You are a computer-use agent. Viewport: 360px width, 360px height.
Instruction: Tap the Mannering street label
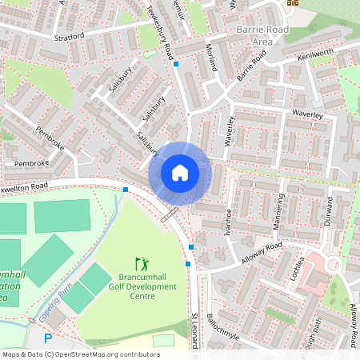pos(278,212)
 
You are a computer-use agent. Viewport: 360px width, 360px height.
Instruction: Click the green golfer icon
pos(142,263)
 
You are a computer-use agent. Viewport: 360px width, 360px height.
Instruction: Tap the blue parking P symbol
pos(47,338)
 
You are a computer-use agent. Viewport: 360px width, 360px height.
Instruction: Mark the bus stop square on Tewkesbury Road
pos(177,63)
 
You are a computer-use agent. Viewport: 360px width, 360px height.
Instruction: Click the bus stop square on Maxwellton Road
pos(126,190)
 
